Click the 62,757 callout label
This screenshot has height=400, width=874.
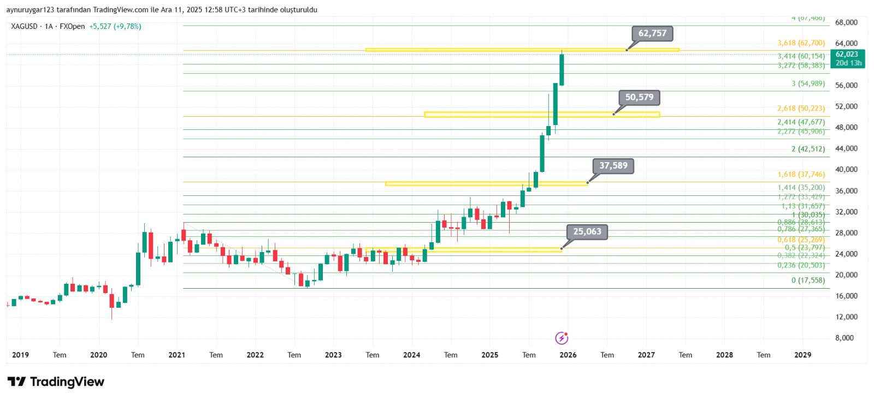point(652,33)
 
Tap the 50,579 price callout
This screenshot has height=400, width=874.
point(639,97)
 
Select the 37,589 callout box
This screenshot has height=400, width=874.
point(613,166)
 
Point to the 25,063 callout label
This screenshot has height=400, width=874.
point(587,232)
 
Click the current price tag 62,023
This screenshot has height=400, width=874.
point(847,55)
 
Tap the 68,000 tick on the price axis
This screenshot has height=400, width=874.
point(846,22)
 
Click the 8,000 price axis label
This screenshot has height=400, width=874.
point(845,338)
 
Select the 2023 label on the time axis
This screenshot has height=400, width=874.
point(333,355)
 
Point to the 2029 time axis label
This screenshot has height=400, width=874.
point(802,355)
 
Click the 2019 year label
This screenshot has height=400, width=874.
point(20,355)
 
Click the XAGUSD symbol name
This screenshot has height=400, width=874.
point(25,26)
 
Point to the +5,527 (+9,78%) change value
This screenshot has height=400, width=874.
point(115,26)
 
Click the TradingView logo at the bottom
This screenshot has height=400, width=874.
point(56,381)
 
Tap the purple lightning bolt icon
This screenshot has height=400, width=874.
point(562,338)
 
